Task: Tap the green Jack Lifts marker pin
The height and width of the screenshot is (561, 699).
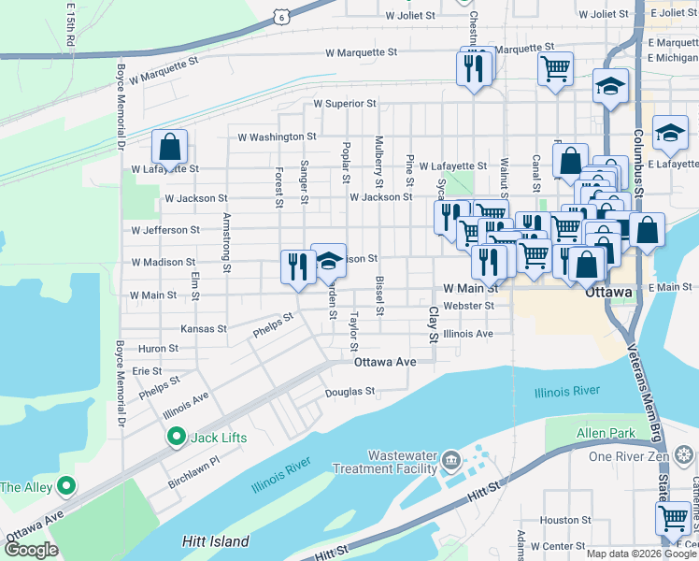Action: [175, 437]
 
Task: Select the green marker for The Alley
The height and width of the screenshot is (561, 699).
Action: [65, 486]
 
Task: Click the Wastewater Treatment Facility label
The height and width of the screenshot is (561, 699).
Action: [403, 461]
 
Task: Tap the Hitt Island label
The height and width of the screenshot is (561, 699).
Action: [215, 541]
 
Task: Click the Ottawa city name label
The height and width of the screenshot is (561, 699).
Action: [609, 292]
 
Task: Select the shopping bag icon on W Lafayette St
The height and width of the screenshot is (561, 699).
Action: [169, 148]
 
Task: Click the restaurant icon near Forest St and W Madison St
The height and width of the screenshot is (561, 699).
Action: [298, 266]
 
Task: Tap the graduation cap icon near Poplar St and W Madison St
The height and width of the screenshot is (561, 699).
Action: [329, 261]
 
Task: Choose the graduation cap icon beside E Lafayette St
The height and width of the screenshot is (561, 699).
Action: [670, 134]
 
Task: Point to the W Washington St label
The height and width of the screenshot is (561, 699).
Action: [277, 137]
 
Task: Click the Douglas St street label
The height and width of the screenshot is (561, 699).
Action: [349, 392]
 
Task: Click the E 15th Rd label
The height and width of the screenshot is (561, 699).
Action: [70, 25]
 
